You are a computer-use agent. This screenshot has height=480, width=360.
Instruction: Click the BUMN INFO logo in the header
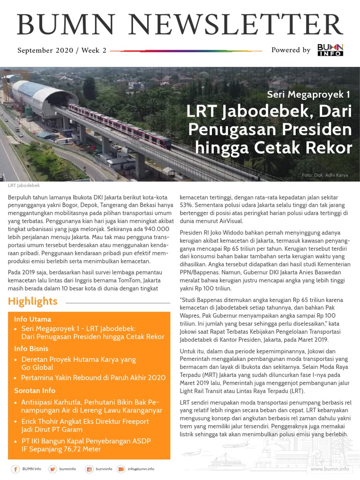(x=330, y=50)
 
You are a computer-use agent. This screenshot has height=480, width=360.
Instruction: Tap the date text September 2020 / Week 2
(x=62, y=50)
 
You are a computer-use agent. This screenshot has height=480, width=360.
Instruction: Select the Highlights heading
(x=33, y=301)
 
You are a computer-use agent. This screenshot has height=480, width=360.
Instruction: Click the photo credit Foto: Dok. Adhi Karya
(x=325, y=175)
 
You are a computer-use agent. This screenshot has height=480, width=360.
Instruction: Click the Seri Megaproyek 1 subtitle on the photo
(x=308, y=94)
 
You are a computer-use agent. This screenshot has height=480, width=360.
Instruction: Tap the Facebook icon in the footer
(x=15, y=469)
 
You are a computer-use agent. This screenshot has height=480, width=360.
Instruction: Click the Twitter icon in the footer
(x=52, y=469)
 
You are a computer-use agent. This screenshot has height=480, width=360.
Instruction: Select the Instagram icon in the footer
(x=89, y=469)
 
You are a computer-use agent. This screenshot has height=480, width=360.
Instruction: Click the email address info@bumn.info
(x=141, y=469)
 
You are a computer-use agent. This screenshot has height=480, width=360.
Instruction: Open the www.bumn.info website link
(x=330, y=469)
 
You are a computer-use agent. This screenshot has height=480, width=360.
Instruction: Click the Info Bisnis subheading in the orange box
(x=31, y=349)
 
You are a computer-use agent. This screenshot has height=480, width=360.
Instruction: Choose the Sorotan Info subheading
(x=35, y=390)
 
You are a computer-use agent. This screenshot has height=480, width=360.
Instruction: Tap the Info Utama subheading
(x=32, y=319)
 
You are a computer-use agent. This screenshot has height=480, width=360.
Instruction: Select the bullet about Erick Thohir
(x=85, y=425)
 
